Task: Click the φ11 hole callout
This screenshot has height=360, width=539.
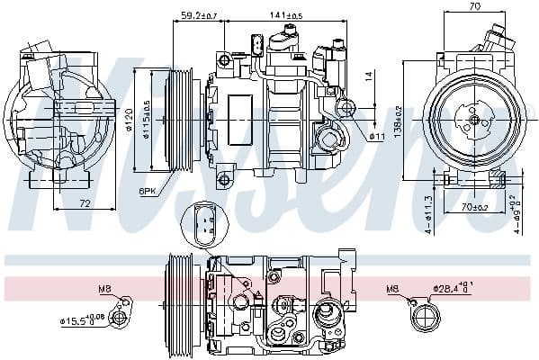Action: pyautogui.click(x=377, y=137)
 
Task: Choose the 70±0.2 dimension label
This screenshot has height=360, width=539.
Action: pyautogui.click(x=473, y=209)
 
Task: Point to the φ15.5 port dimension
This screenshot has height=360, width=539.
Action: pyautogui.click(x=83, y=318)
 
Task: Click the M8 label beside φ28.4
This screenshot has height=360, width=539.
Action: pyautogui.click(x=392, y=290)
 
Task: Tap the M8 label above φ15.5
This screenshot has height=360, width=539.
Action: pyautogui.click(x=104, y=290)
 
